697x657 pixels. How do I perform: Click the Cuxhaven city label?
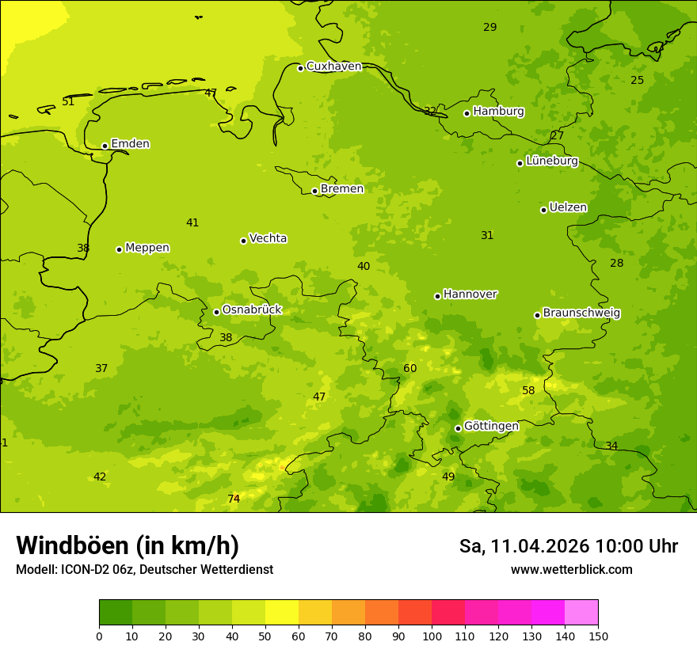tap(333, 66)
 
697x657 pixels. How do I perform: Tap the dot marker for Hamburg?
tap(467, 113)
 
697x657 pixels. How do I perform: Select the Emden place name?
tap(130, 144)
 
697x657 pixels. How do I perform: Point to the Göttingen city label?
tap(491, 426)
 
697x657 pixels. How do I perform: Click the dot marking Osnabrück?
tap(216, 312)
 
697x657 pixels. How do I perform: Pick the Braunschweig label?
tap(581, 313)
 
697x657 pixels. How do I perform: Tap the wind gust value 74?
tap(234, 499)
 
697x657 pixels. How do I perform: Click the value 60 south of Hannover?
tap(409, 368)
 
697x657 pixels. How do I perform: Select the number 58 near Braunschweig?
tap(528, 390)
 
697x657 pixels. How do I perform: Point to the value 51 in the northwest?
tap(68, 101)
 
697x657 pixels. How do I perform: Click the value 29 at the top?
tap(490, 27)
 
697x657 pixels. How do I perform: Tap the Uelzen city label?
tap(568, 207)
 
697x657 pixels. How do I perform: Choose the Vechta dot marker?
tap(243, 241)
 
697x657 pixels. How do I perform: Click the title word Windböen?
tap(72, 545)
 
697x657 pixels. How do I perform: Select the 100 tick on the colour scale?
tap(432, 636)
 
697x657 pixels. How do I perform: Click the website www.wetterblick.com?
tap(571, 570)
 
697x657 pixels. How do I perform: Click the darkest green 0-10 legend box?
tap(116, 613)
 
